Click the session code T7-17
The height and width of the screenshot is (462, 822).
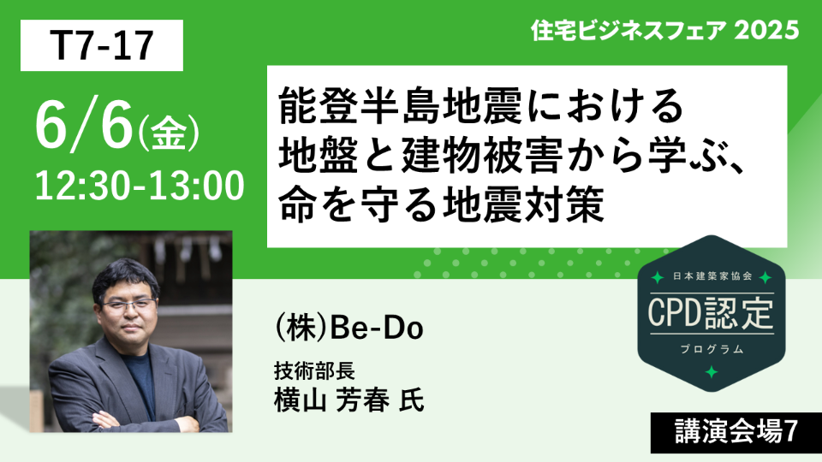pos(102,45)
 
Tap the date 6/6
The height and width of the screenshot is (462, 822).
pos(84,125)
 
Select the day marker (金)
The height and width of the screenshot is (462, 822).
pos(168,133)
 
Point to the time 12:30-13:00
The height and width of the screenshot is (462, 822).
pos(140,186)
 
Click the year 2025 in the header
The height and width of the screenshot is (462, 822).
pos(765,30)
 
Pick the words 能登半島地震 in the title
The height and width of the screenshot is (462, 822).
pos(401,105)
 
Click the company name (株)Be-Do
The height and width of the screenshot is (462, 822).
pos(348,329)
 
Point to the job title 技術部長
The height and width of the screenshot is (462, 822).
pos(314,370)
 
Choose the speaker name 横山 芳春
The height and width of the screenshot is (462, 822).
pos(331,401)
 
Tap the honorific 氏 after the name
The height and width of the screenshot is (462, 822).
pos(412,401)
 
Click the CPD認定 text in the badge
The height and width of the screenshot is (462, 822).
pos(711,313)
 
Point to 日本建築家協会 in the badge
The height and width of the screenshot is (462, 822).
pos(712,276)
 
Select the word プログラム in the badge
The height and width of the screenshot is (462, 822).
pos(712,349)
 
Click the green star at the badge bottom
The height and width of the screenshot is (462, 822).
pos(712,372)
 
